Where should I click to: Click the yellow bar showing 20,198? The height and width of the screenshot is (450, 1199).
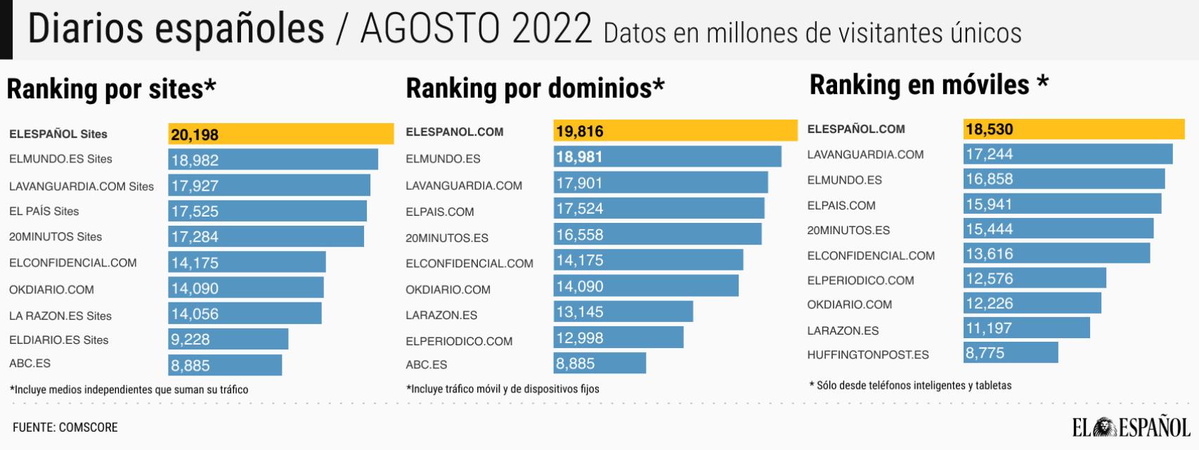pyautogui.click(x=280, y=134)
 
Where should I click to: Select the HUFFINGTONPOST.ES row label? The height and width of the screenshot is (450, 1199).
pyautogui.click(x=867, y=355)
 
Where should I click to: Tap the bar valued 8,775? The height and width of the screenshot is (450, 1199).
pyautogui.click(x=1010, y=353)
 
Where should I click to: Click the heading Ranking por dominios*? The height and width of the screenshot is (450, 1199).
pyautogui.click(x=535, y=89)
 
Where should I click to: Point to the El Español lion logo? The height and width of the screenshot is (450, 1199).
pyautogui.click(x=1106, y=427)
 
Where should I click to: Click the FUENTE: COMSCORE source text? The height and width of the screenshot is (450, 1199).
pyautogui.click(x=65, y=427)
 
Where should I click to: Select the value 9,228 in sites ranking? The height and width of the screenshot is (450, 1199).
pyautogui.click(x=190, y=340)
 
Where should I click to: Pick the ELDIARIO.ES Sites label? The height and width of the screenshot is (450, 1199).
pyautogui.click(x=58, y=340)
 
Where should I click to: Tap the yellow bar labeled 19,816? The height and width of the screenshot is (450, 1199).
pyautogui.click(x=675, y=131)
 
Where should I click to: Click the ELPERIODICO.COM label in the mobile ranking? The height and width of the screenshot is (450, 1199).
pyautogui.click(x=860, y=281)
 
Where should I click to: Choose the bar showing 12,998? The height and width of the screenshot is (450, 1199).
pyautogui.click(x=618, y=338)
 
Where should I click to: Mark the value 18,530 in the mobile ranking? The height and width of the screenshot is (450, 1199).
pyautogui.click(x=989, y=129)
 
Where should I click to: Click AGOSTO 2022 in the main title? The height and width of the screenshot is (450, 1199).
pyautogui.click(x=476, y=30)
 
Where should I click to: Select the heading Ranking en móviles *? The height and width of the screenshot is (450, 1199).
pyautogui.click(x=928, y=85)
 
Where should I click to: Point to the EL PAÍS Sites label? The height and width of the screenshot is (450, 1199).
pyautogui.click(x=44, y=211)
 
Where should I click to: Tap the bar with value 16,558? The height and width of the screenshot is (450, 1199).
pyautogui.click(x=656, y=235)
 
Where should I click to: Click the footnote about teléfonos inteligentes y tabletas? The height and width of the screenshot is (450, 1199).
pyautogui.click(x=910, y=385)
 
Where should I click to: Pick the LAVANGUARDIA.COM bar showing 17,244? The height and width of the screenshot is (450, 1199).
pyautogui.click(x=1067, y=154)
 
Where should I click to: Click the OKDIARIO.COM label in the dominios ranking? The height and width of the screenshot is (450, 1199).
pyautogui.click(x=448, y=290)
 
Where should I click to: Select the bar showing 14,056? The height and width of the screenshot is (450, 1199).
pyautogui.click(x=245, y=314)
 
